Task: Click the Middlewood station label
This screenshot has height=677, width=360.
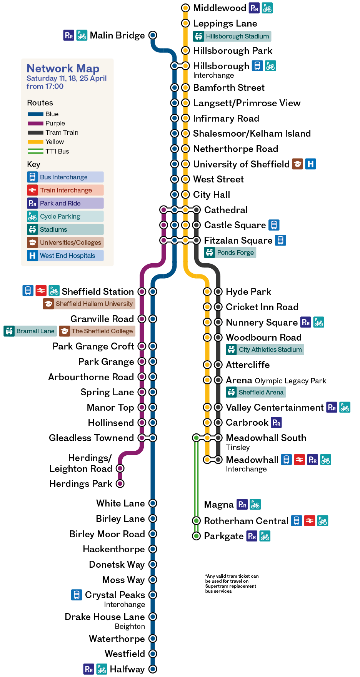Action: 219,8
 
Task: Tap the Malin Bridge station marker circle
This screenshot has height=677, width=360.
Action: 153,35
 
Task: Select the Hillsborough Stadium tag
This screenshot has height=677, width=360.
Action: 232,37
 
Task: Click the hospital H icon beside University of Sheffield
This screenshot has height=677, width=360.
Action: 310,164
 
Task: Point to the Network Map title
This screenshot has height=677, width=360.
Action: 63,69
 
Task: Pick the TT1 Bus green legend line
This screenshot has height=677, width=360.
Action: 35,151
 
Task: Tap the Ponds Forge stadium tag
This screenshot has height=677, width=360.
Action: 230,253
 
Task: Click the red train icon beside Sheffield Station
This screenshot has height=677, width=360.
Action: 41,290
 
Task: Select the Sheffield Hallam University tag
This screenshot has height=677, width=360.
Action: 89,304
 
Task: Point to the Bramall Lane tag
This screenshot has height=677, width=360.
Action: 30,331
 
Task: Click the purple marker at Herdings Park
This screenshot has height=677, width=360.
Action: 120,483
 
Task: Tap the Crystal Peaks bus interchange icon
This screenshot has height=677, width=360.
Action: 77,595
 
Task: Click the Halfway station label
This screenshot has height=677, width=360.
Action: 127,669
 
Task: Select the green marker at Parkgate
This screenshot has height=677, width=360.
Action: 196,536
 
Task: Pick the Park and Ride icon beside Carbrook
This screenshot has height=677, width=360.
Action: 277,423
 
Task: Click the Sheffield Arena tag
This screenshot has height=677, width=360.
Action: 256,392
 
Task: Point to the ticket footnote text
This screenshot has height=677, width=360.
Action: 231,583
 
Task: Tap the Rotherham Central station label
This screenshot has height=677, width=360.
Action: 246,521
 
